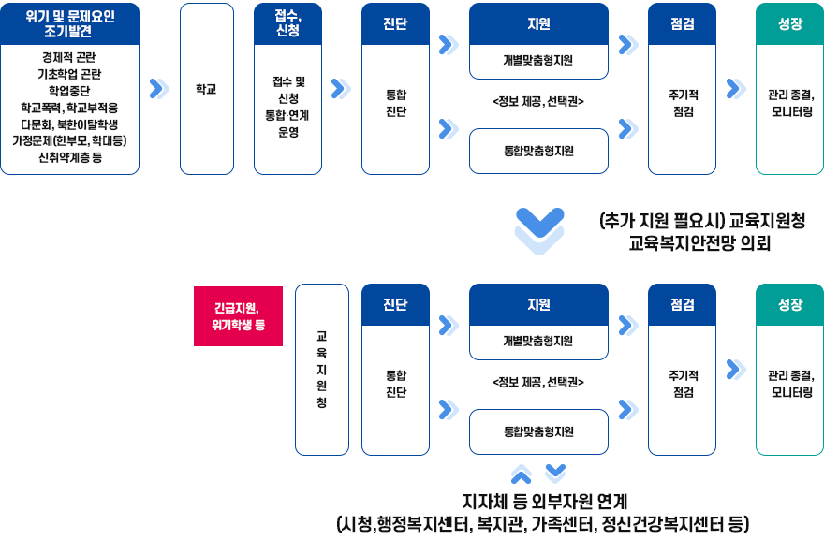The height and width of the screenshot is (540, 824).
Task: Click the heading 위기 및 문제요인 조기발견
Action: coord(70,23)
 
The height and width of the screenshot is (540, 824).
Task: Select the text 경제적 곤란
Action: coord(70,57)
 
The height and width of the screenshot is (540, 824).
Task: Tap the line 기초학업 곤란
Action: coord(70,74)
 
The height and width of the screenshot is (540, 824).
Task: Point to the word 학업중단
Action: coord(70,91)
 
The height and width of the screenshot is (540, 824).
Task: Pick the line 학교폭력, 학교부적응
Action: coord(70,108)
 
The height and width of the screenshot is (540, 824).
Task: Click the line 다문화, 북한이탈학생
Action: coord(70,124)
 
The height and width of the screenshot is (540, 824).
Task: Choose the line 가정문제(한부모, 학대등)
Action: coord(70,140)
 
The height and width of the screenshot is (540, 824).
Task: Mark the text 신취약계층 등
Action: coord(70,157)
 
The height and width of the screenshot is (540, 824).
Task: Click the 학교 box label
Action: coord(206,90)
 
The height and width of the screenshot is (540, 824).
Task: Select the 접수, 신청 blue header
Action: coord(287,23)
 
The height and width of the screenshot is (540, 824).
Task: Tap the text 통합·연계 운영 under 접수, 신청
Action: coord(287,124)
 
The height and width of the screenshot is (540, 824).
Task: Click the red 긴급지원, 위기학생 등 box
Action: coord(239,315)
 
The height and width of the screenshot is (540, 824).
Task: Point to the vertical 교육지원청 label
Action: coord(321,369)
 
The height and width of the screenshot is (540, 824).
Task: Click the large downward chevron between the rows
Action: coord(540,230)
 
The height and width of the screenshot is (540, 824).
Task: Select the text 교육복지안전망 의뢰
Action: coord(700,243)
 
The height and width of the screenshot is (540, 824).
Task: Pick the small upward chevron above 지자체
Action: coord(522,474)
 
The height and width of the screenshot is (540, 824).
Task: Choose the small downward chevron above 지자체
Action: coord(555,471)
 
